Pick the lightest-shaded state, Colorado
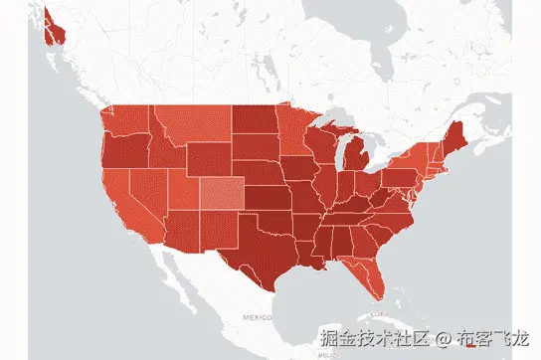coord(223,194)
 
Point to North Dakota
coord(256,119)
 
